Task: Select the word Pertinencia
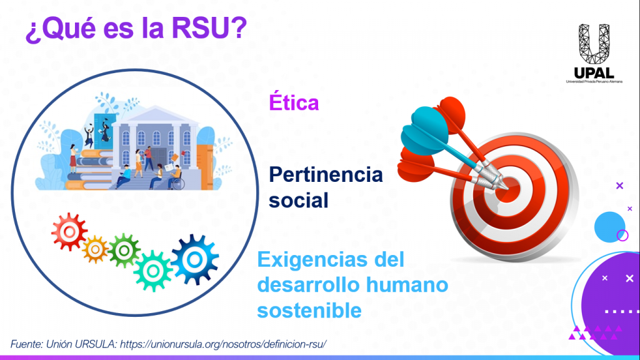pos(326,175)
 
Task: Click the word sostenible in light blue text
pos(309,311)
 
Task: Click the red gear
pos(69,231)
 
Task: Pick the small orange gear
pos(95,249)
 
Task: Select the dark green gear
pos(124,250)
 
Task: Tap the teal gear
pos(153,271)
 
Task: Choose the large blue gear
pos(195,259)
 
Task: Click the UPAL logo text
pos(594,73)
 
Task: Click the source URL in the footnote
pos(223,344)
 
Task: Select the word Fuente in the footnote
pos(26,344)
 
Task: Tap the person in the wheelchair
pos(176,178)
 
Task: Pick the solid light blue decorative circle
pos(609,227)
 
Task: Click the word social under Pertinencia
pos(298,201)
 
